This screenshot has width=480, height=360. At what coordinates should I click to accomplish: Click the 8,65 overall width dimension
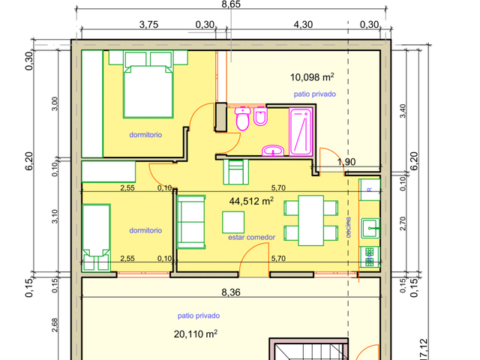point(231,4)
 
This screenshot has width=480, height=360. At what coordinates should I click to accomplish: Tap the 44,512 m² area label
point(251,201)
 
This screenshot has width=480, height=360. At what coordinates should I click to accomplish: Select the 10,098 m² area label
point(312,77)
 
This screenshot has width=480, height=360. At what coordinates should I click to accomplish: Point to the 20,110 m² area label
point(196,334)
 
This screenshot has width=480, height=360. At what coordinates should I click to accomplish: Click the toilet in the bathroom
point(243,118)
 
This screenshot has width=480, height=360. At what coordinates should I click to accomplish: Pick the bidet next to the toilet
point(260,116)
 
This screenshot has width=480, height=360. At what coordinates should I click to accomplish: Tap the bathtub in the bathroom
point(301,132)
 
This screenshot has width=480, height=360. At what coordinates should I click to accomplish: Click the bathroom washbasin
point(273,151)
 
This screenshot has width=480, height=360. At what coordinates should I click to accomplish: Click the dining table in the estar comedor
point(311,220)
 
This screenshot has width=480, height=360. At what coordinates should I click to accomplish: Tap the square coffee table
point(233,222)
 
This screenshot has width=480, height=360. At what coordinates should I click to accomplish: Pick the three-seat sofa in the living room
point(191,222)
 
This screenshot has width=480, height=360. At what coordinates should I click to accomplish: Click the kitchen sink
point(370,228)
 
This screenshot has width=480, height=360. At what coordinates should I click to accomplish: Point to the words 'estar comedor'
point(252,237)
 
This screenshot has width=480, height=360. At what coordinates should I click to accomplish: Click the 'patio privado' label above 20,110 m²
point(199,316)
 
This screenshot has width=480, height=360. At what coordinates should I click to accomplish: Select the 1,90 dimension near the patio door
point(346,162)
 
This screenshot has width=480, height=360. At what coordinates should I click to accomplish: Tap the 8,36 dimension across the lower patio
point(231,292)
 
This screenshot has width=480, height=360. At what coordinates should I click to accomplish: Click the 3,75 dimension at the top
point(148,25)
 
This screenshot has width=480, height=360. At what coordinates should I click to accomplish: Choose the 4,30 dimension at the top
point(303,25)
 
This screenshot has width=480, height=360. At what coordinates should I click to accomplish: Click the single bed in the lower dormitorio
point(97,237)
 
